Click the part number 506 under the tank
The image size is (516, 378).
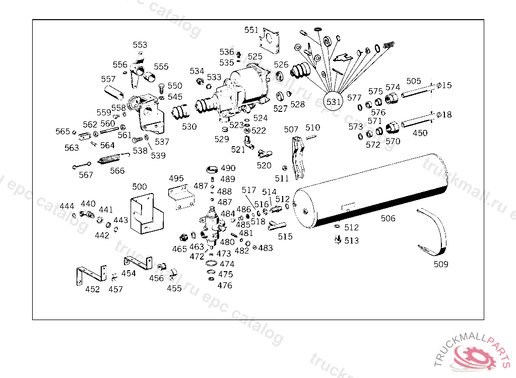click(x=388, y=218)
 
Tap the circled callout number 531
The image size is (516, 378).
click(x=334, y=101)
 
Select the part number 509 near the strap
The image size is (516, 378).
click(x=441, y=264)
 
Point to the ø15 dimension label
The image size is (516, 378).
click(x=444, y=85)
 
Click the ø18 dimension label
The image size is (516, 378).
click(x=444, y=115)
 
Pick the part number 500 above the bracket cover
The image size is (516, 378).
click(x=140, y=187)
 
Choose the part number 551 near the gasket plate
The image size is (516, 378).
click(x=251, y=30)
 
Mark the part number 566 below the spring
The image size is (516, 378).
click(x=117, y=171)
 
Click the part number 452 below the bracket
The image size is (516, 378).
click(x=92, y=289)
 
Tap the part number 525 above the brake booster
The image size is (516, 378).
click(x=255, y=56)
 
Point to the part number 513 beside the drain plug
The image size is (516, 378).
click(x=352, y=240)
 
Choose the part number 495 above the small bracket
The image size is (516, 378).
click(x=176, y=178)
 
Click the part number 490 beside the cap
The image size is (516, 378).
click(x=228, y=168)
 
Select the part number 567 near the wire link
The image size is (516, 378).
click(x=86, y=175)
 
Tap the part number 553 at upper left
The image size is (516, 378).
click(x=140, y=45)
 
